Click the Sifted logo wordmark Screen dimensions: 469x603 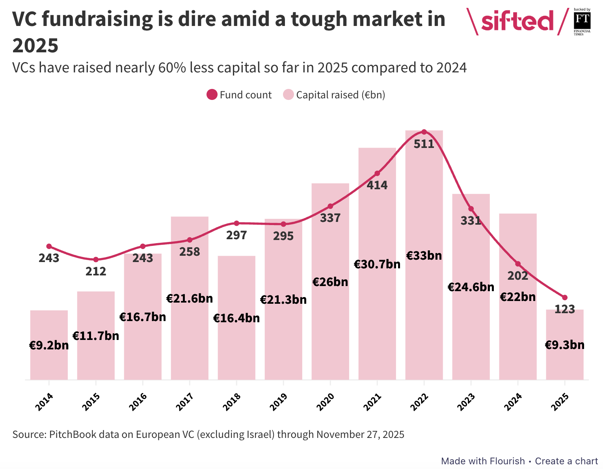(x=517, y=21)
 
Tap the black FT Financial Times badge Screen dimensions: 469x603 (x=582, y=21)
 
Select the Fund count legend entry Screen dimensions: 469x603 (x=239, y=95)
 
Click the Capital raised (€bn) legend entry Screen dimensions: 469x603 (x=334, y=95)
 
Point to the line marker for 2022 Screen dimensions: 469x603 (x=424, y=132)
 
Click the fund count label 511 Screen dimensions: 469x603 (x=424, y=144)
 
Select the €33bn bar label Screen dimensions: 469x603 (x=424, y=256)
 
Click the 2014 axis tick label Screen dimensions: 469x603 (x=44, y=402)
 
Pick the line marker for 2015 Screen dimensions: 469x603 (x=96, y=260)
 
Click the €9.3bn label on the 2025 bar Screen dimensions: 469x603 (x=564, y=345)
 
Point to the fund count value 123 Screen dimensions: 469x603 (x=564, y=309)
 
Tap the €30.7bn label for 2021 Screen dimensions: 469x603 (x=377, y=264)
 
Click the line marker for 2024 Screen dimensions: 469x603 (x=517, y=264)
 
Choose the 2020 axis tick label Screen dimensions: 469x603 (x=326, y=402)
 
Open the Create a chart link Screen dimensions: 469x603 (x=566, y=461)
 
